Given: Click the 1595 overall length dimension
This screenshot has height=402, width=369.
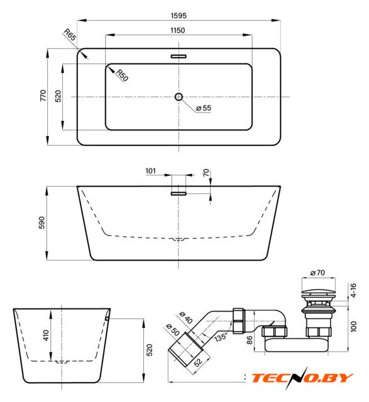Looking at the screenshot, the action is pos(179,16).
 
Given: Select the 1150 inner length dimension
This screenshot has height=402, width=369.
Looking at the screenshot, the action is pos(177,31).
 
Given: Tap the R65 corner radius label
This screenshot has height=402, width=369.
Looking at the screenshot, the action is pos(70,35).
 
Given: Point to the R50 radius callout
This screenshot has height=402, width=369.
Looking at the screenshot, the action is pos(122,75).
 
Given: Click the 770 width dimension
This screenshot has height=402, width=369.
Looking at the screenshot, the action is pos(43,95).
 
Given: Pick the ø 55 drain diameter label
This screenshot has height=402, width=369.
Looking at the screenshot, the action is pos(204,108).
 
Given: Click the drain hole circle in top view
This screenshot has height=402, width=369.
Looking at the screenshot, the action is pos(179,97).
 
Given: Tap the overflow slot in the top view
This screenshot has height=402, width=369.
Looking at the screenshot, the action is pos(179,56).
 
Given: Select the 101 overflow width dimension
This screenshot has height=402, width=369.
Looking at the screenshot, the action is pos(151,171).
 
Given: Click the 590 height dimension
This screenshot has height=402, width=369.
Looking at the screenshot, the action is pos(42,222).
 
